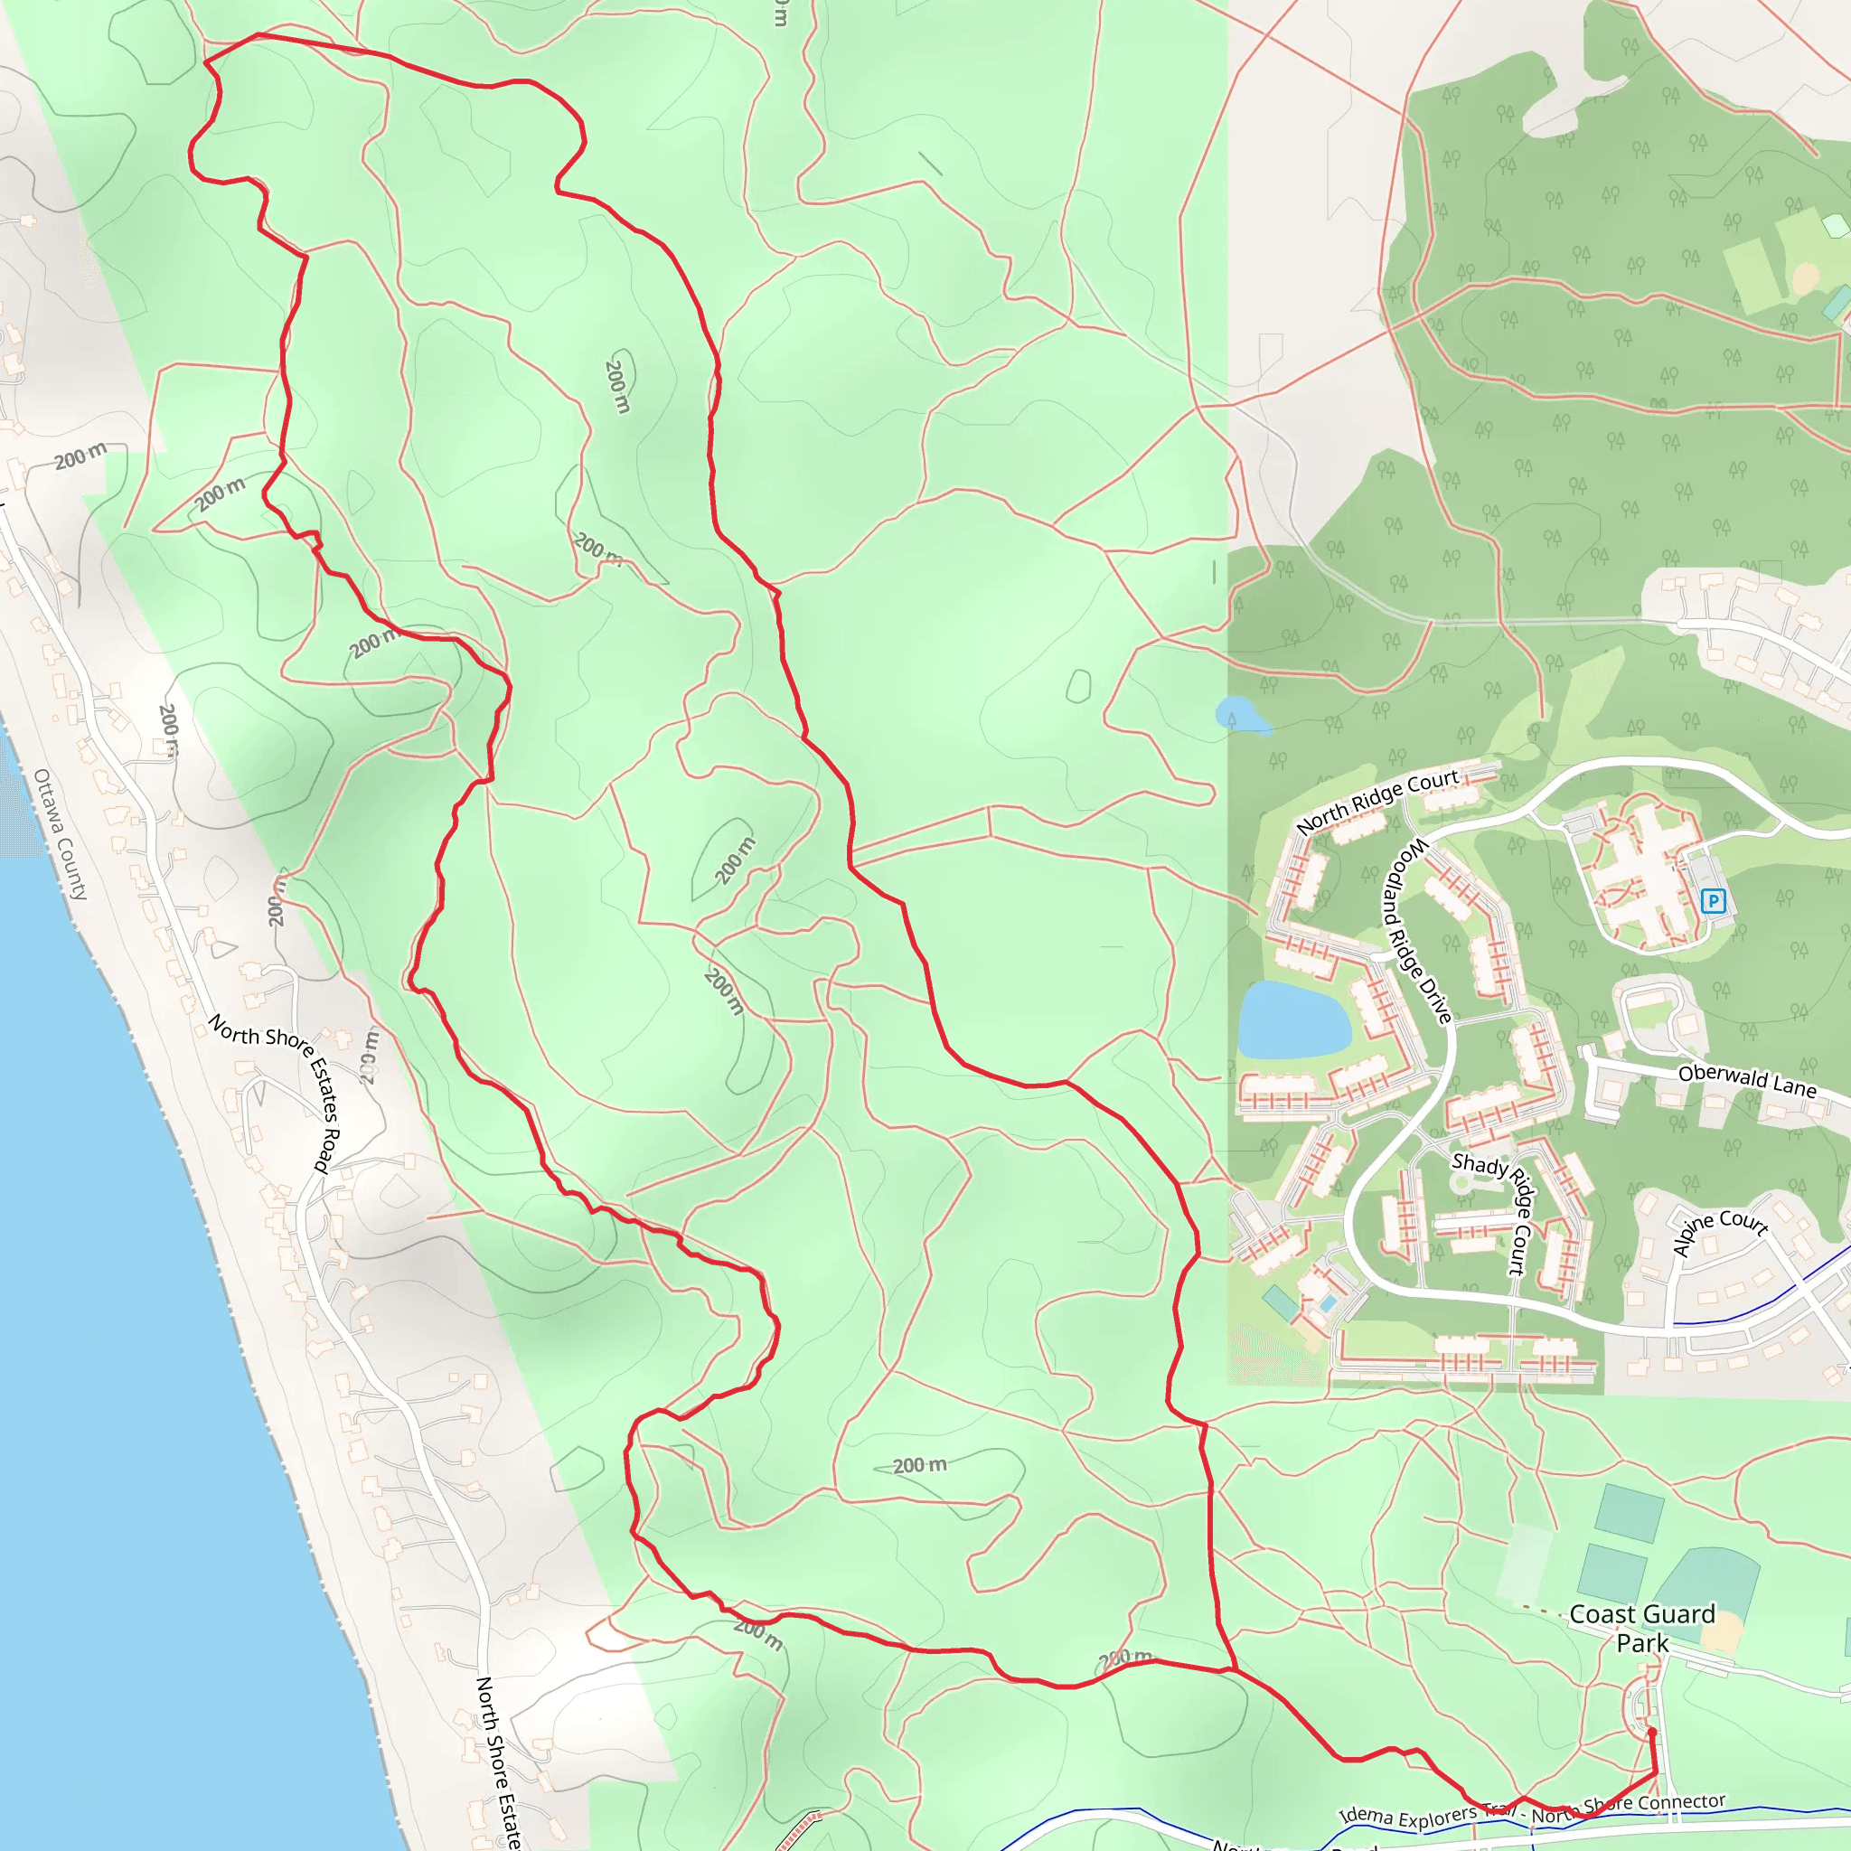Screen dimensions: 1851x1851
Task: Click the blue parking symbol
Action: click(x=1713, y=900)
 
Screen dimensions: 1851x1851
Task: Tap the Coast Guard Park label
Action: click(x=1642, y=1628)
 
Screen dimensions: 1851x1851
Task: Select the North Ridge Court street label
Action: click(x=1377, y=801)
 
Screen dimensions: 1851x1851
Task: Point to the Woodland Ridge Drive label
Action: click(x=1417, y=930)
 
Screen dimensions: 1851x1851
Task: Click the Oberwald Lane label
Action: click(x=1746, y=1081)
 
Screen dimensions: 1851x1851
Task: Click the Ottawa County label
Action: click(x=61, y=833)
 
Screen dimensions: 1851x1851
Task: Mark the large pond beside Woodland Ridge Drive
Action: click(x=1292, y=1019)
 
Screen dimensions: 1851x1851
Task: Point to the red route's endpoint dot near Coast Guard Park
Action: click(x=1650, y=1733)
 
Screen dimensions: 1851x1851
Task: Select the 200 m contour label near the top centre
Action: click(x=618, y=385)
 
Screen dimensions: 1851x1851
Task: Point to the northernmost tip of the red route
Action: click(x=258, y=35)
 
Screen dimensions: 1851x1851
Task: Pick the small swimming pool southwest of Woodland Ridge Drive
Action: click(x=1329, y=1303)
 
